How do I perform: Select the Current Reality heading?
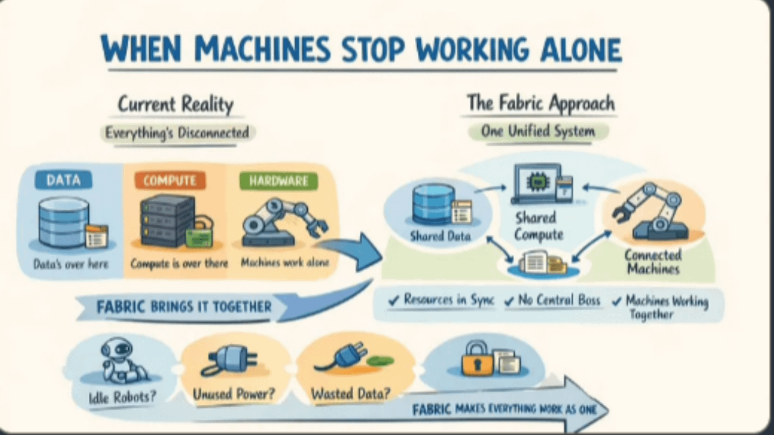175,104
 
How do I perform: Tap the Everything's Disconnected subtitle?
177,132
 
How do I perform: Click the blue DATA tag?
63,179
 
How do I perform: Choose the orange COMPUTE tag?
169,180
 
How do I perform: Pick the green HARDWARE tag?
278,180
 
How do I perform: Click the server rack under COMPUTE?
167,219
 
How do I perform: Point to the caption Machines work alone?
281,263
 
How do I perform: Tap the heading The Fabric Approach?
540,103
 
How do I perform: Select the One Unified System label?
538,131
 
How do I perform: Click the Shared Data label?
440,236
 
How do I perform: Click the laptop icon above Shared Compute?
536,183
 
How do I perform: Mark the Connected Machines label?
653,262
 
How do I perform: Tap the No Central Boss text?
559,300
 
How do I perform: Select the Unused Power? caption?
233,395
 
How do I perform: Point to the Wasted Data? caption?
350,395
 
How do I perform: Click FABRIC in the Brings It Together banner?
121,307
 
